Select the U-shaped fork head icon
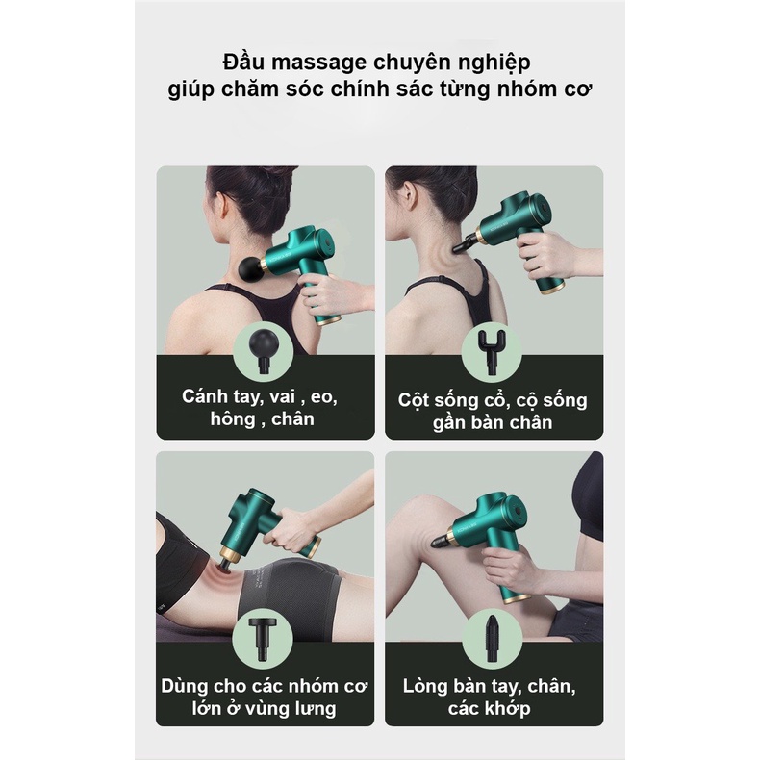pos(492,347)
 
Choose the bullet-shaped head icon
pos(492,636)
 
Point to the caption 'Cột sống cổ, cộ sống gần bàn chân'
pos(493,411)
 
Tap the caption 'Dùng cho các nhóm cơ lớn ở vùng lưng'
pos(264,697)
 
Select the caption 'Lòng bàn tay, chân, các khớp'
pos(492,697)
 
